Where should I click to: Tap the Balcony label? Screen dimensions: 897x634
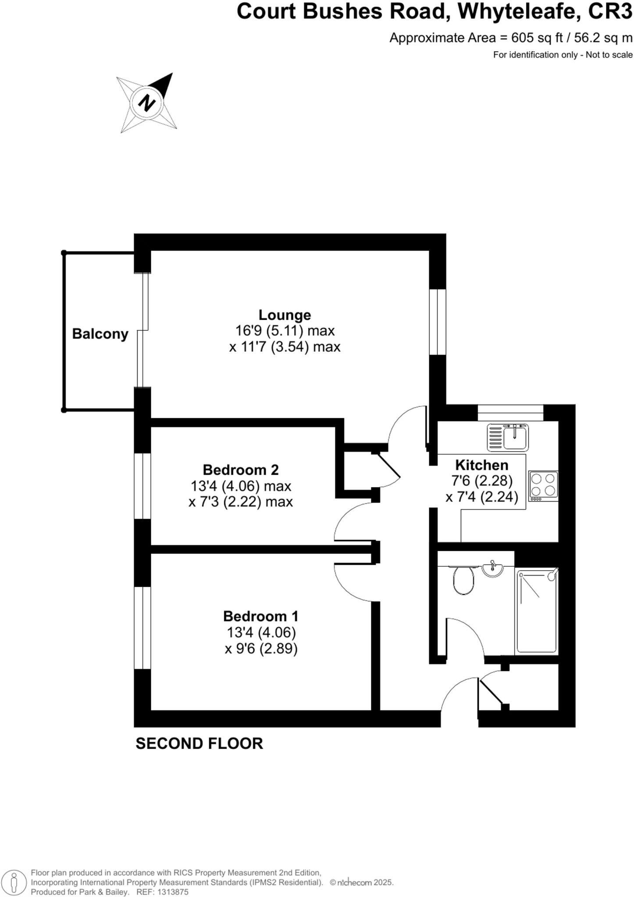(x=100, y=334)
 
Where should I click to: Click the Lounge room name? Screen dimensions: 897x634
(x=285, y=315)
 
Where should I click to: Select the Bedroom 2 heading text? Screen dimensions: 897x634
(x=241, y=470)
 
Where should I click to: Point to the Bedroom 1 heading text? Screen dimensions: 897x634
(x=260, y=616)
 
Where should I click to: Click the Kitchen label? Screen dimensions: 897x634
(x=481, y=465)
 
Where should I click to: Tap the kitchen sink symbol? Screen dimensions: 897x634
(x=508, y=437)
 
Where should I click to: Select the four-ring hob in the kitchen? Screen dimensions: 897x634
(x=543, y=486)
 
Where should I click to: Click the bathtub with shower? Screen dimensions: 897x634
(x=537, y=611)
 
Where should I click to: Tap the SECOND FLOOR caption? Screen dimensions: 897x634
(x=199, y=744)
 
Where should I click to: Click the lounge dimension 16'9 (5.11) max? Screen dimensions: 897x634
(x=285, y=331)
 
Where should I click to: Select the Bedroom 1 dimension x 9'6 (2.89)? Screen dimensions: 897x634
(x=261, y=648)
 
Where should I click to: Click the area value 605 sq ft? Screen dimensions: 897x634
(x=537, y=38)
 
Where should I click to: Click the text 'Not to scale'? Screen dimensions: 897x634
(x=609, y=55)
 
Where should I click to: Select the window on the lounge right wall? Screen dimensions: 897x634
(x=437, y=321)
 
